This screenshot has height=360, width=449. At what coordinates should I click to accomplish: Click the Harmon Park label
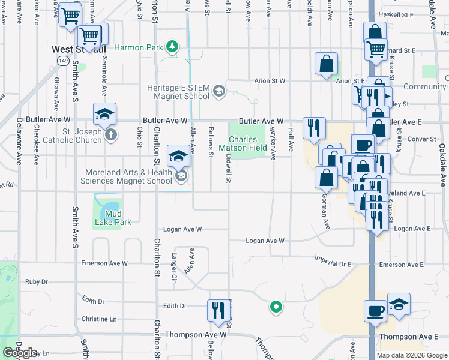click(x=139, y=47)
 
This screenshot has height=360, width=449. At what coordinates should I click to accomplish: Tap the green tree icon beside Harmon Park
click(x=173, y=46)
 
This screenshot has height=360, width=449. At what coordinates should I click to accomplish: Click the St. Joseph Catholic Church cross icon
click(x=110, y=134)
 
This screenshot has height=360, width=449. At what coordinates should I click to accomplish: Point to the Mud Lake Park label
click(x=113, y=218)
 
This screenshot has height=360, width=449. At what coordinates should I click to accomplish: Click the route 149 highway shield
click(x=63, y=61)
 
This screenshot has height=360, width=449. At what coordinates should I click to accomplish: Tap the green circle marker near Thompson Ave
click(x=276, y=308)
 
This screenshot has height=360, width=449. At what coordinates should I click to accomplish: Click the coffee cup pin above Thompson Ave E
click(x=376, y=311)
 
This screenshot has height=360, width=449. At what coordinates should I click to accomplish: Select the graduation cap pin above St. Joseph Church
click(x=104, y=113)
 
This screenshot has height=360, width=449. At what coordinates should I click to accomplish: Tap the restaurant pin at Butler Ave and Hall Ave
click(x=314, y=128)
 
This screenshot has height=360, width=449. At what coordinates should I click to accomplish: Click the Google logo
click(x=20, y=353)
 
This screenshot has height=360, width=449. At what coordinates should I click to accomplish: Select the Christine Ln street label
click(x=98, y=319)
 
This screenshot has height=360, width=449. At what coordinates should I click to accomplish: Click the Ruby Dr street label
click(x=36, y=281)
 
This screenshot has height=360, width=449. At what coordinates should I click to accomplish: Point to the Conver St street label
click(x=421, y=139)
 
